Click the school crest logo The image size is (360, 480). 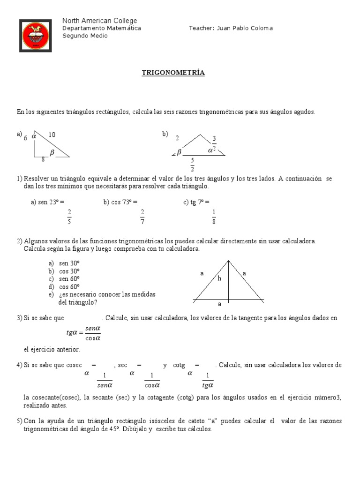[36, 36]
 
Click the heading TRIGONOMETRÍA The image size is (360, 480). [173, 73]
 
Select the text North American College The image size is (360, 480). [100, 21]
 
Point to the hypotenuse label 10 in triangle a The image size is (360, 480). [52, 135]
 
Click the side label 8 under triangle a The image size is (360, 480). [43, 159]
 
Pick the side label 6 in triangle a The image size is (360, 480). [25, 138]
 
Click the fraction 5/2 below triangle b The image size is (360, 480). [192, 165]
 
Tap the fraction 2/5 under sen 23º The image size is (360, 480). [69, 217]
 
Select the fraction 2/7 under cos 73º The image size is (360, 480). [142, 217]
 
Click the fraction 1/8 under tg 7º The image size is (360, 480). [214, 217]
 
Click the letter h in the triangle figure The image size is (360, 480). [218, 278]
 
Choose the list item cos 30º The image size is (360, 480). [69, 271]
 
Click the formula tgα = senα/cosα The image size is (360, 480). [84, 333]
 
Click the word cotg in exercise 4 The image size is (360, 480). [179, 365]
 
